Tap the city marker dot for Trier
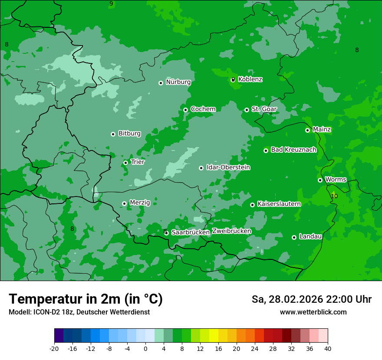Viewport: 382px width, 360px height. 125,163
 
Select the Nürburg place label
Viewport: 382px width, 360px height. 178,82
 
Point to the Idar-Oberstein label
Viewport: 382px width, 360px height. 228,167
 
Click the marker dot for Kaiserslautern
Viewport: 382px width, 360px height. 252,205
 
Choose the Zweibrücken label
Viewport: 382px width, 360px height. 231,231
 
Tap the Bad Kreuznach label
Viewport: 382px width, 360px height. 293,150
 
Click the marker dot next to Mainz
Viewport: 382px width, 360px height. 307,130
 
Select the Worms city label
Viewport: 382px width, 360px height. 336,180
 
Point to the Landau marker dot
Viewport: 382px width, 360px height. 294,237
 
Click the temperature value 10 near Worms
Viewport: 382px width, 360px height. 334,196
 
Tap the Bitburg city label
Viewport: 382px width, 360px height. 129,134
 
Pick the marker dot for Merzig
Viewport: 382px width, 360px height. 124,203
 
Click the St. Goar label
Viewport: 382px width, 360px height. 264,109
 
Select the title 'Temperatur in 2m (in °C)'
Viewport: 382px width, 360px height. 86,299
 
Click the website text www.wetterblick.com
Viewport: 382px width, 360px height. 313,312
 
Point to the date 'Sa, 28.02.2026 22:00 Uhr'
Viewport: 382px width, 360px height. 311,299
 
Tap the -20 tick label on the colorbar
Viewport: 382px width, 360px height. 54,349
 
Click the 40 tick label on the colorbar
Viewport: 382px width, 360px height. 328,349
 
